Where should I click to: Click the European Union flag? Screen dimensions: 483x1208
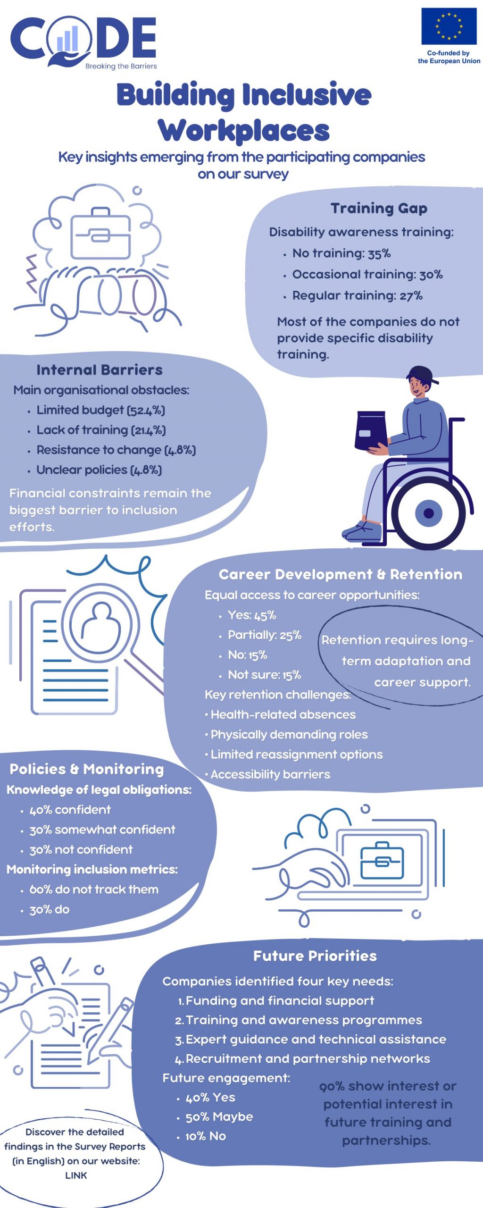[x=449, y=26]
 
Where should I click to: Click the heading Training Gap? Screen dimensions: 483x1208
[x=379, y=208]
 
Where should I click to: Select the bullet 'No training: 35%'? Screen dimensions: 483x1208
[x=341, y=253]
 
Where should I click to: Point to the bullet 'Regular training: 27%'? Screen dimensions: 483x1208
[x=357, y=296]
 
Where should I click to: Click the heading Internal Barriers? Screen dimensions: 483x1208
[x=100, y=369]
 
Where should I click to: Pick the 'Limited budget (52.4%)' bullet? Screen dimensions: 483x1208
[x=101, y=410]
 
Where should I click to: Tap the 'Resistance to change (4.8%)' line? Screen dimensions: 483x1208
[x=116, y=450]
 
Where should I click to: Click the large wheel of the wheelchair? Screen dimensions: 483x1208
[x=429, y=512]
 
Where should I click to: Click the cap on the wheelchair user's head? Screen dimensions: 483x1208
[x=421, y=374]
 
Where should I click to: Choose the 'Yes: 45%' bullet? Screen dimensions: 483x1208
[x=252, y=615]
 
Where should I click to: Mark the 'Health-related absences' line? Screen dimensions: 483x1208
[x=283, y=714]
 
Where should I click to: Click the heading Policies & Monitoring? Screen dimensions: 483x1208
[x=87, y=769]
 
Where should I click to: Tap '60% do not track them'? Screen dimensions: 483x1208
[x=94, y=889]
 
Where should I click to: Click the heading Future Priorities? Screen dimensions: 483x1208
[x=315, y=956]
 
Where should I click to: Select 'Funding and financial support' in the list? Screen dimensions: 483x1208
[x=280, y=1000]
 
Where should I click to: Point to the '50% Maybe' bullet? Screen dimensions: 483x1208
[x=219, y=1116]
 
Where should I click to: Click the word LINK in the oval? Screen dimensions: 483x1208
[x=76, y=1175]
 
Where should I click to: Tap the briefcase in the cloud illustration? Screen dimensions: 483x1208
[x=100, y=233]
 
